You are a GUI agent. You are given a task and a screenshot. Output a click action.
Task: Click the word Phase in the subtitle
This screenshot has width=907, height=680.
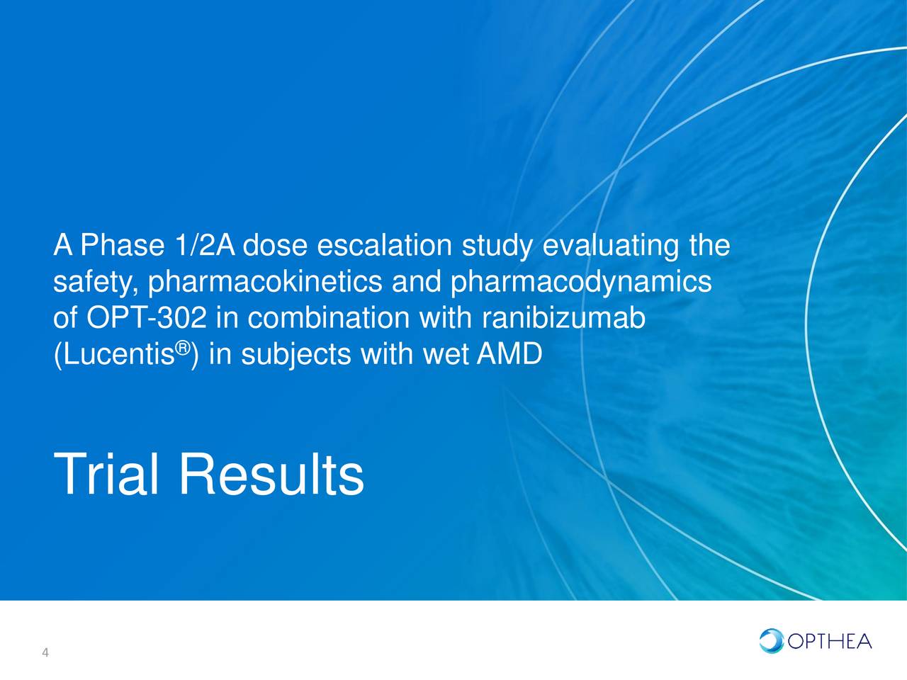120,246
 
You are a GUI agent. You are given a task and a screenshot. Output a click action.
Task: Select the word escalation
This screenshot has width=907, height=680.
383,246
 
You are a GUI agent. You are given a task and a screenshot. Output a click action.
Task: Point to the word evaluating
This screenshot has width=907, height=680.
610,246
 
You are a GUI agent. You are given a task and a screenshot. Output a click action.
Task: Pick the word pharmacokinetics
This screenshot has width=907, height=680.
266,283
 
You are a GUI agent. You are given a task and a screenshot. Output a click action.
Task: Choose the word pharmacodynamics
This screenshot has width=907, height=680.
581,283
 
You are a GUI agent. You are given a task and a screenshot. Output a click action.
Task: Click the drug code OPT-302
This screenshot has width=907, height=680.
147,319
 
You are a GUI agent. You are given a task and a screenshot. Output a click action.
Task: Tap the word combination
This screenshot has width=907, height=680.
328,319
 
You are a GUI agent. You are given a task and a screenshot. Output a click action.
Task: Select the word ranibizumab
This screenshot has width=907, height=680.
563,319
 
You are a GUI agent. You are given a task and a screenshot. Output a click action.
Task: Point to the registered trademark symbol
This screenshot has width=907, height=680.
183,348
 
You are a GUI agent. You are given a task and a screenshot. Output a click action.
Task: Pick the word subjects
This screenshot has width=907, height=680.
295,354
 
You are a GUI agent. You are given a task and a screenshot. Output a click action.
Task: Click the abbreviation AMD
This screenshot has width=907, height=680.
509,354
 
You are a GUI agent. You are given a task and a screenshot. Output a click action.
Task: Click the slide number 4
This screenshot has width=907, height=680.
45,653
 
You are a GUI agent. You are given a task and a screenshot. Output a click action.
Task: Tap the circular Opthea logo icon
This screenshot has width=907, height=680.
771,641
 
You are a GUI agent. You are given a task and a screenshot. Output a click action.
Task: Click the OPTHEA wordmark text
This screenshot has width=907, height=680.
829,642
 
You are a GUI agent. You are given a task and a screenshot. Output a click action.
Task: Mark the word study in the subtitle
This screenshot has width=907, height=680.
497,246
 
